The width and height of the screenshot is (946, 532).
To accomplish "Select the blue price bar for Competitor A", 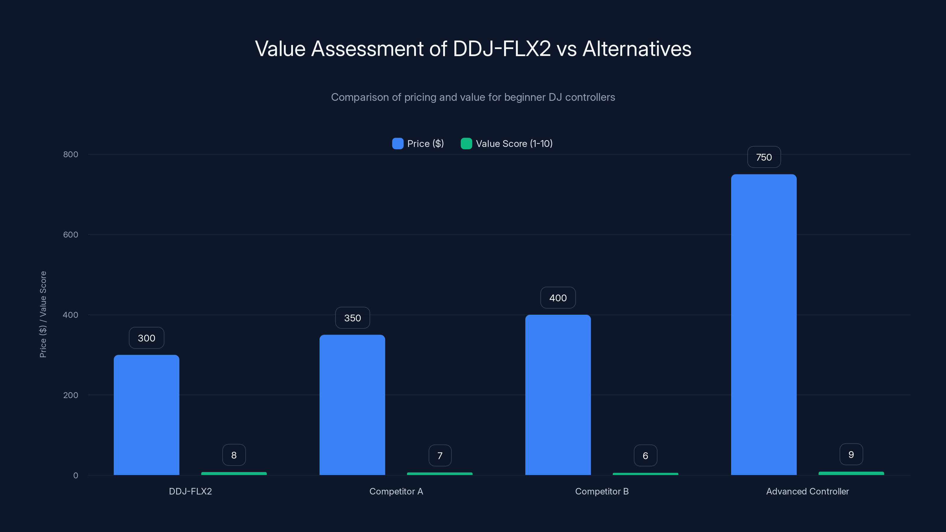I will pos(352,405).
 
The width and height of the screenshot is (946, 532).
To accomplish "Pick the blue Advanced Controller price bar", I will pos(764,325).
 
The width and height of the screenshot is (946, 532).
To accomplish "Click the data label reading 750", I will pos(764,157).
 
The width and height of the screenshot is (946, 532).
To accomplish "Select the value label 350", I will pos(352,318).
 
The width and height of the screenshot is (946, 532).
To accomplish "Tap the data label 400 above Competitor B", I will pos(558,298).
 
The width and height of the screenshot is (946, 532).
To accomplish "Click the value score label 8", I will pos(234,455).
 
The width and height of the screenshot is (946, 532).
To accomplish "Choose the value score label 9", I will pos(851,455).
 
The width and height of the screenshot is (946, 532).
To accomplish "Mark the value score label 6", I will pos(645,456).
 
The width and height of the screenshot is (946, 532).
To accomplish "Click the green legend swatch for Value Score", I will pos(466,144).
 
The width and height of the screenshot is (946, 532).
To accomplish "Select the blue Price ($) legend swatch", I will pos(398,144).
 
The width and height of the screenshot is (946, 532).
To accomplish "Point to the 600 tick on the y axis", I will pos(71,235).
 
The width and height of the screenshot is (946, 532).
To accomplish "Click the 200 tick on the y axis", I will pos(71,395).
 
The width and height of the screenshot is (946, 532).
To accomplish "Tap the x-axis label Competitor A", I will pos(396,491).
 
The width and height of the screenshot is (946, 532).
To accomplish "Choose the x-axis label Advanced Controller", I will pos(807,491).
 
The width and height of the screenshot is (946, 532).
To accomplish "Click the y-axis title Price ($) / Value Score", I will pos(43,314).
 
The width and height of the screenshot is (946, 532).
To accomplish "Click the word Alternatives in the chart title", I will pos(637,49).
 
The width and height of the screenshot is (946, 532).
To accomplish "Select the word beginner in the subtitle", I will pos(524,97).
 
